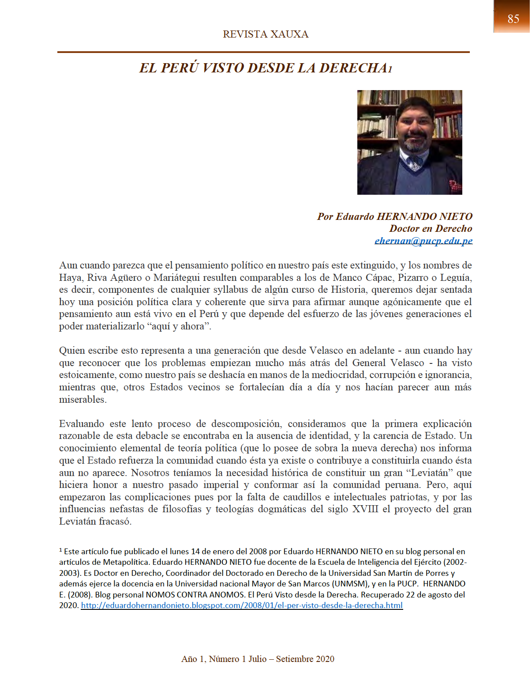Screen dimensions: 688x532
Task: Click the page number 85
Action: pos(513,19)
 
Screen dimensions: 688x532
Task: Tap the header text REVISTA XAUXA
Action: pos(266,34)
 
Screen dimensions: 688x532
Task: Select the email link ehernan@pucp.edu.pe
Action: pos(423,241)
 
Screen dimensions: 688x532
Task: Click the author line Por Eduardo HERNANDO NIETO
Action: pos(394,216)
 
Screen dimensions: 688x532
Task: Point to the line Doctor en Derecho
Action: pos(431,228)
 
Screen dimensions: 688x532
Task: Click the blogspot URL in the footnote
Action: pos(242,605)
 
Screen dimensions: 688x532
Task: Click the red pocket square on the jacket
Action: pos(454,185)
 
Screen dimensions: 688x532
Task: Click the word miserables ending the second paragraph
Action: pos(82,400)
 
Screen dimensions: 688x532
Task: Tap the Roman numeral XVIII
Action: pos(365,509)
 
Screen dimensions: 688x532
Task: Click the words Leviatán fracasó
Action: pos(95,522)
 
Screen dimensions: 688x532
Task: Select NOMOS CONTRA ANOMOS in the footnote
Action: pos(195,595)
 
